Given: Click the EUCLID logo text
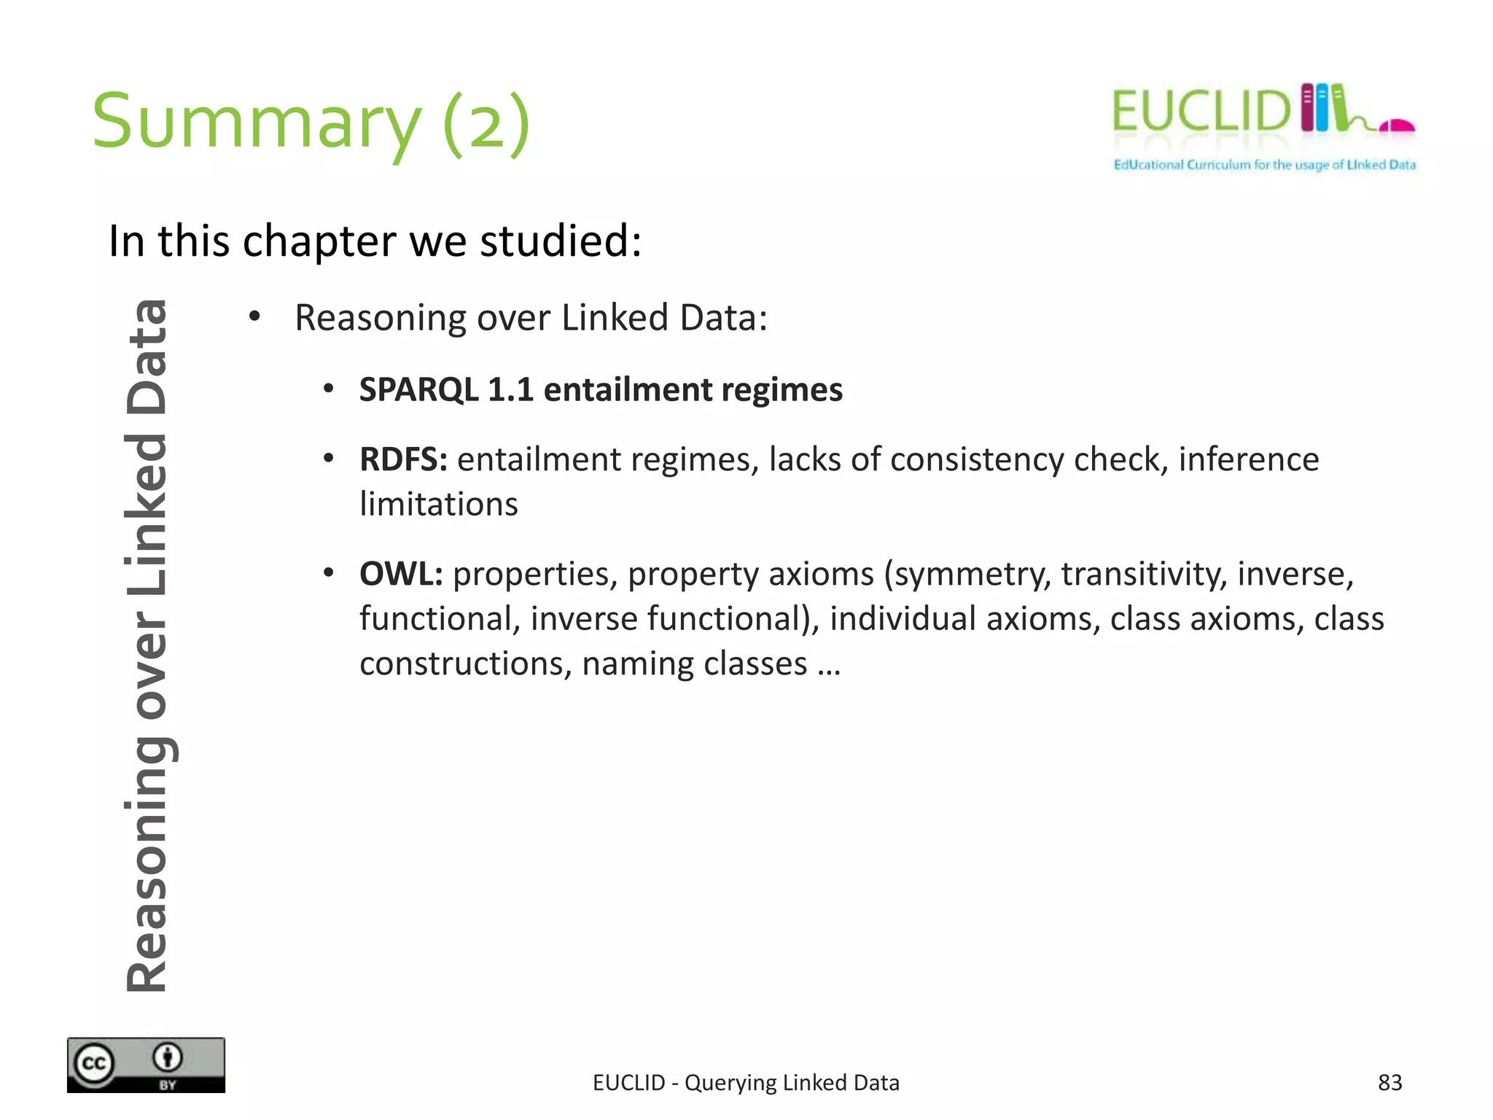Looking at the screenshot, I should [1200, 112].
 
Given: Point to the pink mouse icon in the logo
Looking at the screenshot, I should [1398, 125].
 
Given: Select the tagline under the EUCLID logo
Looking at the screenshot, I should [1264, 165].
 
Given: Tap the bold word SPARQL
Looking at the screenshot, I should [418, 389].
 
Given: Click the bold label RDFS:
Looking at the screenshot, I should [403, 459].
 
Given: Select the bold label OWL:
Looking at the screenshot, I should [401, 574].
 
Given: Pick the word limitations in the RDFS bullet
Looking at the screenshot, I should [439, 505].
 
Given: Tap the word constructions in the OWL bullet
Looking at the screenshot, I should [466, 664].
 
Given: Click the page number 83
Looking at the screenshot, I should [1389, 1082].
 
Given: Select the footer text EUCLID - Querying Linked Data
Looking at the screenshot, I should [746, 1082].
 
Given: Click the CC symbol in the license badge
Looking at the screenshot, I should [94, 1064].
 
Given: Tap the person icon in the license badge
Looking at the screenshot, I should [168, 1057].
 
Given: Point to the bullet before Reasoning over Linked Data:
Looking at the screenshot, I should [254, 317].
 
